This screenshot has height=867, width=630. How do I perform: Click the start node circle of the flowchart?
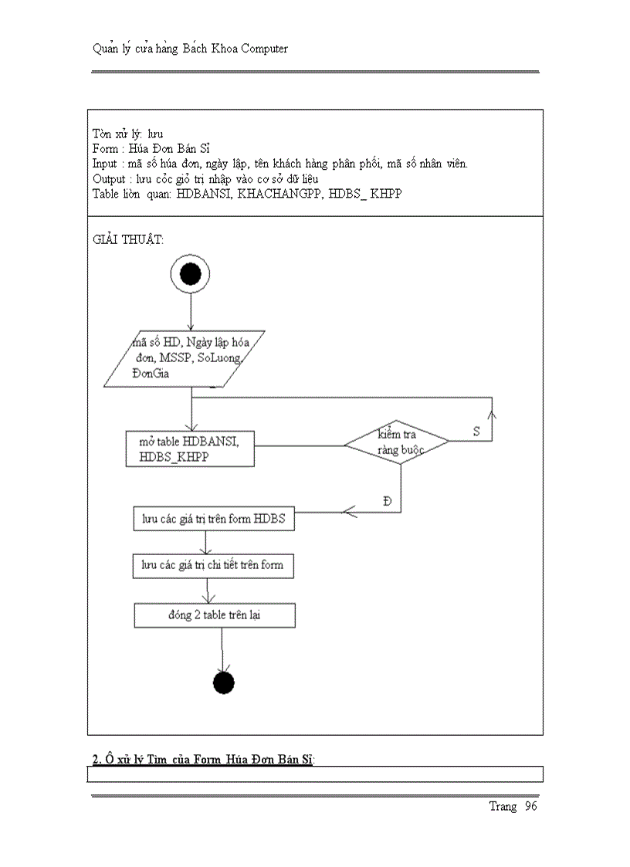pyautogui.click(x=190, y=274)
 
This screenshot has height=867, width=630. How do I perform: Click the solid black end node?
pyautogui.click(x=222, y=682)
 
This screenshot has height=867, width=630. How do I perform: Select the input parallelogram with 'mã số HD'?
pyautogui.click(x=186, y=357)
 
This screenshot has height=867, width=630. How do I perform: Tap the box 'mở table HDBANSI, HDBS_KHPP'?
pyautogui.click(x=190, y=449)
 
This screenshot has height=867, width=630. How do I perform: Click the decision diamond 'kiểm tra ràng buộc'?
pyautogui.click(x=397, y=442)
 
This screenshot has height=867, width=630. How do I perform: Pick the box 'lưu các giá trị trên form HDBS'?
pyautogui.click(x=212, y=519)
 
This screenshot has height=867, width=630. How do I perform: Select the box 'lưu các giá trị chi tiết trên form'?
pyautogui.click(x=212, y=565)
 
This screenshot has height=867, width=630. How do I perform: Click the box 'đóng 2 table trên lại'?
pyautogui.click(x=215, y=615)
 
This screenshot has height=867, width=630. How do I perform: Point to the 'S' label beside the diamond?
pyautogui.click(x=476, y=432)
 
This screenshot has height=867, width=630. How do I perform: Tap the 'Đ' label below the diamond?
pyautogui.click(x=387, y=501)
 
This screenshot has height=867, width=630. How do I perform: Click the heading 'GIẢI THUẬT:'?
pyautogui.click(x=128, y=239)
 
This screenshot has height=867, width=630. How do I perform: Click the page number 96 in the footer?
pyautogui.click(x=530, y=806)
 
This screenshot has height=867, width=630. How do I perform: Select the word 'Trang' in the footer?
pyautogui.click(x=503, y=806)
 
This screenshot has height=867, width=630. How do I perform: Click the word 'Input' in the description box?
pyautogui.click(x=105, y=163)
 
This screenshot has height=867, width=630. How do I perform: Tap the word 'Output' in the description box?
pyautogui.click(x=109, y=178)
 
